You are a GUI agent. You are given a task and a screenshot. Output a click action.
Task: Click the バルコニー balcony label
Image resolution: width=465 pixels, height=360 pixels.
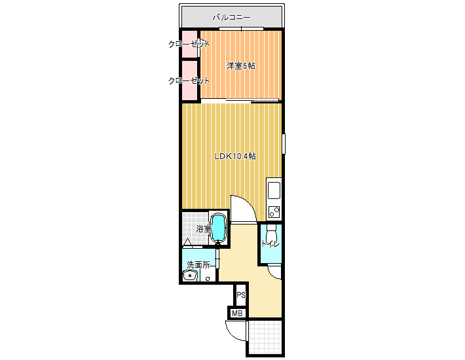(x=232, y=18)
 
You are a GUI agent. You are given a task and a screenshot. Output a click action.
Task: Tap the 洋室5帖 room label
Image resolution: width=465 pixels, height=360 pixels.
(x=241, y=65)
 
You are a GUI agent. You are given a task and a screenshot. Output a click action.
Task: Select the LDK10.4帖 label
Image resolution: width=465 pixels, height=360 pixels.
(x=235, y=156)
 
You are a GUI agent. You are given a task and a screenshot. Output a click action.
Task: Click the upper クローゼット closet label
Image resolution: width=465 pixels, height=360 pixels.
(x=189, y=44)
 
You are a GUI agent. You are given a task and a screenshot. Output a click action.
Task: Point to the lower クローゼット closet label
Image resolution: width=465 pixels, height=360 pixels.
(x=189, y=81)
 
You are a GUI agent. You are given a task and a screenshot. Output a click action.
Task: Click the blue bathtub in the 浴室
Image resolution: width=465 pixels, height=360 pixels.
(x=218, y=227)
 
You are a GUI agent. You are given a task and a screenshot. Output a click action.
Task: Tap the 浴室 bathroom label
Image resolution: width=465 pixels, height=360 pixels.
(x=204, y=228)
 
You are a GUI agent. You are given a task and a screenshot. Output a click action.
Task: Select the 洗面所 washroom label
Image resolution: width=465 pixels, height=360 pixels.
(x=198, y=264)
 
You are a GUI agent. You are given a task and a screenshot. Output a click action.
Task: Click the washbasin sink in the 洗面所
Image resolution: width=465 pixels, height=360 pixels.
(x=190, y=276)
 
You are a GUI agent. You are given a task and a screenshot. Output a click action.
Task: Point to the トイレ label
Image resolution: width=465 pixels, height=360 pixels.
(x=270, y=244)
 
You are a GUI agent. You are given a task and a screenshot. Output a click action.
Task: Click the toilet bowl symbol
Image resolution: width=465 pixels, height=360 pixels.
(x=271, y=235)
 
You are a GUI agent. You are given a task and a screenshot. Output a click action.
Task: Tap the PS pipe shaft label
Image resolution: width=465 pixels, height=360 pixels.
(x=241, y=295)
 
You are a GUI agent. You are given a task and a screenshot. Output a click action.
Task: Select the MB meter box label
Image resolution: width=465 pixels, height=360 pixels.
(x=237, y=313)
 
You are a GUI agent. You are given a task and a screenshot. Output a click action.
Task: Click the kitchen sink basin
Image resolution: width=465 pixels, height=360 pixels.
(x=274, y=190)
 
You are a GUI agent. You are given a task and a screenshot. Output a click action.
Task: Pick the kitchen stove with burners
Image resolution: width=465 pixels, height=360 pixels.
(x=274, y=212)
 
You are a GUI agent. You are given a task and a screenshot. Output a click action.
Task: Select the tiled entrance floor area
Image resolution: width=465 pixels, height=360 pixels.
(x=265, y=337)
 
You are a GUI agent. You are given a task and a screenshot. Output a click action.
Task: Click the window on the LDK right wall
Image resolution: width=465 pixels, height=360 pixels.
(x=284, y=144)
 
